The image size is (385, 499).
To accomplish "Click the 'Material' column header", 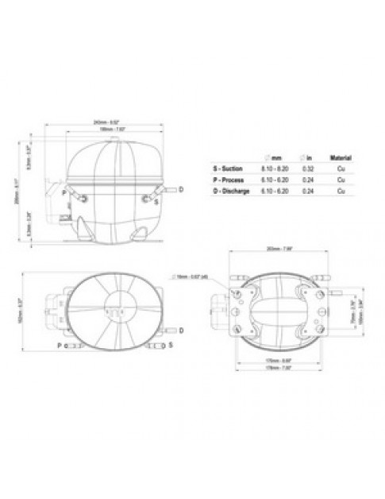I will tap(341, 158).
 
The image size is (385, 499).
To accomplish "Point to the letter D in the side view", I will tap(181, 189).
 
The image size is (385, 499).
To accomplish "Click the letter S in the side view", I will tap(157, 201).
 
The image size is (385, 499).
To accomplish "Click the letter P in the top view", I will tap(59, 346).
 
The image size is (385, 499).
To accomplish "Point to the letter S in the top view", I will tap(170, 346).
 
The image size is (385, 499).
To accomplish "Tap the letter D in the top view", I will tap(181, 328).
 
